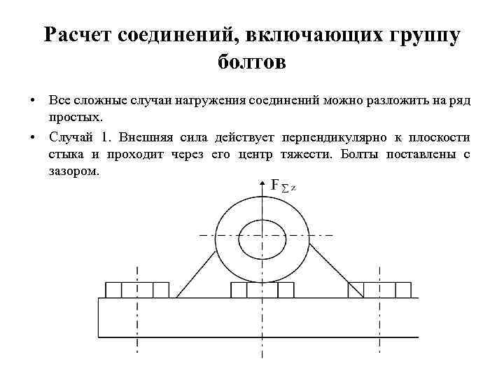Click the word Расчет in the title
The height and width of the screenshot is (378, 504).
75,36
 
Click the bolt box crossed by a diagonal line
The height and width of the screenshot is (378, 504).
356,290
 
